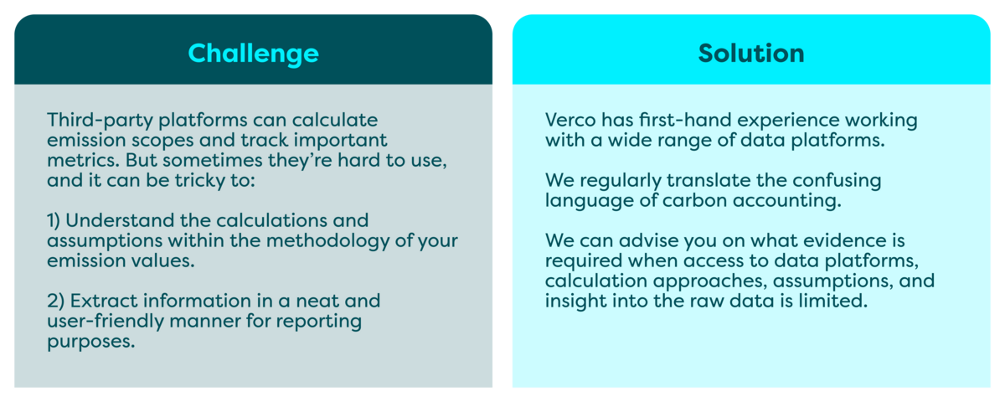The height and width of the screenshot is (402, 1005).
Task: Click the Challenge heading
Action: [253, 54]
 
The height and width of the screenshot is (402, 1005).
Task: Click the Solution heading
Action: [751, 54]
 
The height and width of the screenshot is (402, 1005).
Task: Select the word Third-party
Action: [100, 121]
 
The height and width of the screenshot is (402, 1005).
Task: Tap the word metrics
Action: [83, 160]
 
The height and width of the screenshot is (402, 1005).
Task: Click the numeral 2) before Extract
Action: [56, 301]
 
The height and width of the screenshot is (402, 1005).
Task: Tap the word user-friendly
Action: [106, 322]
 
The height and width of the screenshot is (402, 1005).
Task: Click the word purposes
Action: [91, 342]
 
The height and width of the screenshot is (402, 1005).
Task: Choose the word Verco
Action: [570, 121]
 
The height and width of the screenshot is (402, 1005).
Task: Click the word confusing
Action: [837, 181]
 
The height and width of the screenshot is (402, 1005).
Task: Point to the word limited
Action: [833, 301]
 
